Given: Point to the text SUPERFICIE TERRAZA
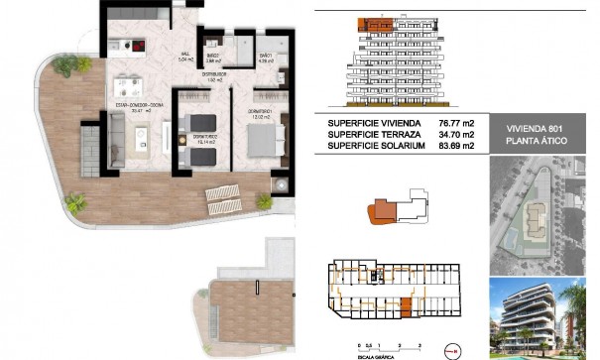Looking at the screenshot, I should tap(370, 135).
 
